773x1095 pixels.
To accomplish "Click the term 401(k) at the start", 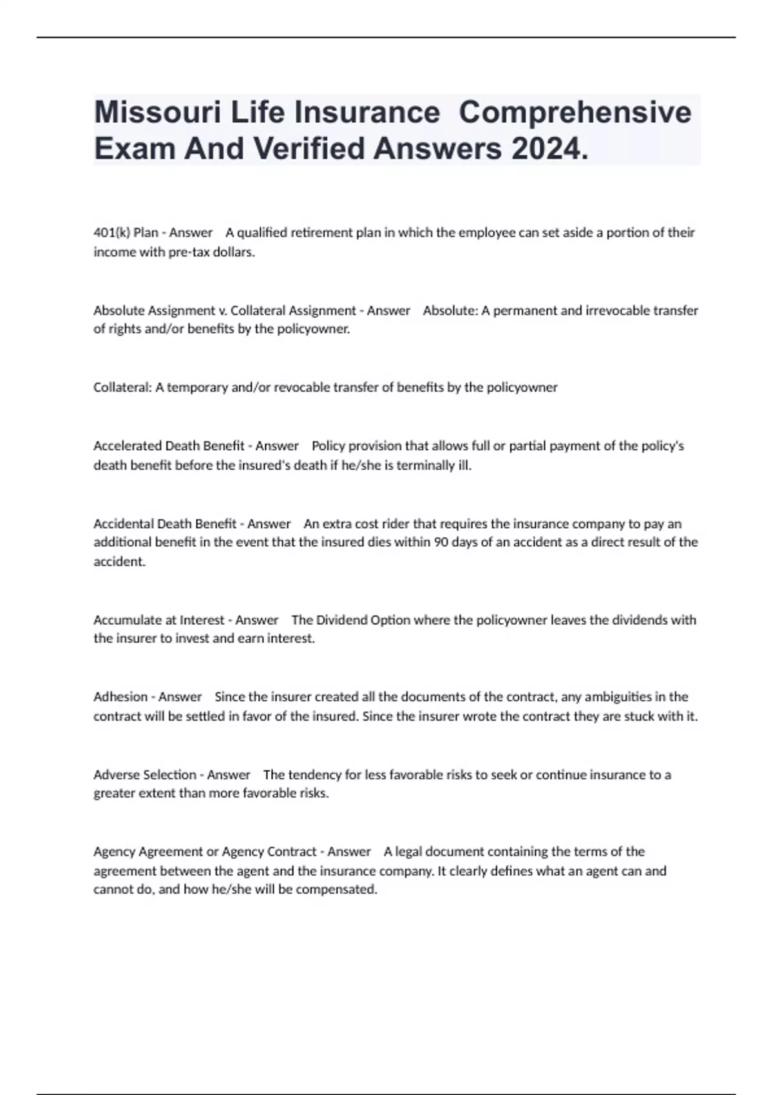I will [111, 233].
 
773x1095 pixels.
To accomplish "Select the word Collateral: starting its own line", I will [122, 387].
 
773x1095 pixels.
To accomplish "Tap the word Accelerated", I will [128, 446].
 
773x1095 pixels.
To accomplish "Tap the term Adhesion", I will [120, 696].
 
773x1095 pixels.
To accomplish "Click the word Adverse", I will [117, 774].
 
